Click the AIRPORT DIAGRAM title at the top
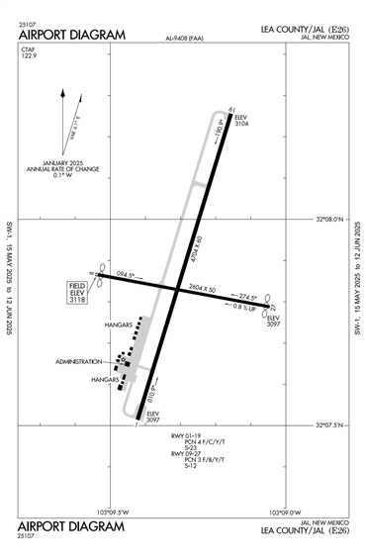click(x=72, y=36)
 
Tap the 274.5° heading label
click(x=245, y=297)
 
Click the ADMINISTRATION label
click(x=79, y=361)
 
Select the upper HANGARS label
click(x=118, y=325)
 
